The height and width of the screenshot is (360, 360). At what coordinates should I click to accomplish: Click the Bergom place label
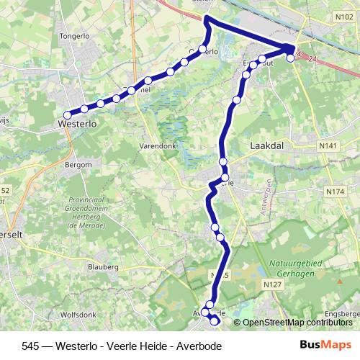pos(78,165)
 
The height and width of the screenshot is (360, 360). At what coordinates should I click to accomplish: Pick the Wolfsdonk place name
pos(78,313)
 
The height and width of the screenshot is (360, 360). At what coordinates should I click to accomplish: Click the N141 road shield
pos(330,146)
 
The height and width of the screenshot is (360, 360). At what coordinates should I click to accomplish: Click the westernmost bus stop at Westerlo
pos(67,114)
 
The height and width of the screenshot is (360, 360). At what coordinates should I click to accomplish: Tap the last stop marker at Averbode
pos(214,322)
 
